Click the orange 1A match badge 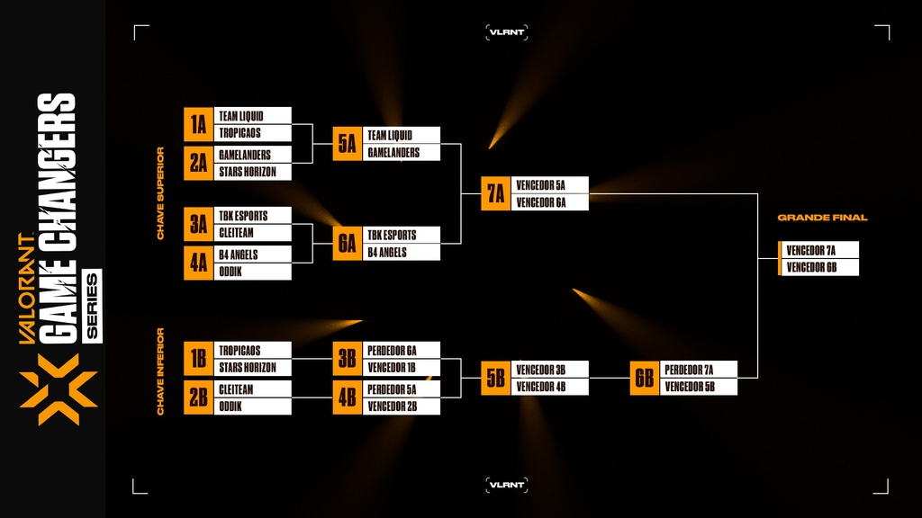click(198, 124)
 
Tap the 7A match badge click(495, 193)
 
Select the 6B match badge click(644, 378)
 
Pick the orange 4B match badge click(347, 397)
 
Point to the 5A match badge click(347, 144)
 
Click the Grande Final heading click(822, 218)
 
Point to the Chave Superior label click(161, 193)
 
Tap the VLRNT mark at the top click(506, 32)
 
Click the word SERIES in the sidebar click(92, 305)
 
